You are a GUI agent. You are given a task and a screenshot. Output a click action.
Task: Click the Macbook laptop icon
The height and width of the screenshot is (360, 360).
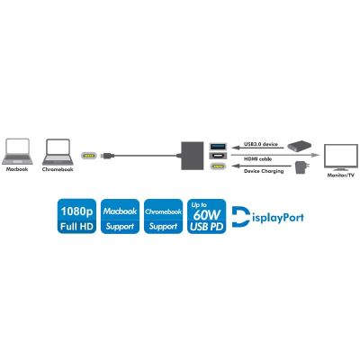pos(17,151)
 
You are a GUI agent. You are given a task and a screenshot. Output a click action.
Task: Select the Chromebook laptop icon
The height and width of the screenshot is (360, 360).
pos(58,151)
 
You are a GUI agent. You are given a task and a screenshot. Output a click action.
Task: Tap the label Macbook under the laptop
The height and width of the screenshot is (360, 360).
pos(17,169)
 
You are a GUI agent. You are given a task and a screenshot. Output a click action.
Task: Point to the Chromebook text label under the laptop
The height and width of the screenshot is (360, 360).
pos(58,169)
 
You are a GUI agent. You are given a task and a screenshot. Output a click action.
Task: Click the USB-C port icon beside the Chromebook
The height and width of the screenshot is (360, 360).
pos(89,156)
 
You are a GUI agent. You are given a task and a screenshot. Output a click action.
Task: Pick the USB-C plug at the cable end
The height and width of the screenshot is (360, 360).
pos(107,156)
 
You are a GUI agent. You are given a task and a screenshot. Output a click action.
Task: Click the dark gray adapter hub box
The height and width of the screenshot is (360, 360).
pos(193,156)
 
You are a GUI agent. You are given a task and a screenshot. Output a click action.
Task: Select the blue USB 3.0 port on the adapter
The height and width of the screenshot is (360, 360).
pos(218,147)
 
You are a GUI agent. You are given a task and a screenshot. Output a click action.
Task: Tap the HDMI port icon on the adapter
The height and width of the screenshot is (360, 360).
pos(218,156)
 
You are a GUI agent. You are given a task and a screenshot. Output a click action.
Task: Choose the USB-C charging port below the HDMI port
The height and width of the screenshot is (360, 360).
pos(218,166)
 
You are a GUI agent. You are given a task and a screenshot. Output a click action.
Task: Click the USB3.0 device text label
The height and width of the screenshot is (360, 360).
pos(261,144)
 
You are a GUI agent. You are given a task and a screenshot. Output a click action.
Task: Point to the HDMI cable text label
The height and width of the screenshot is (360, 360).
pos(257,158)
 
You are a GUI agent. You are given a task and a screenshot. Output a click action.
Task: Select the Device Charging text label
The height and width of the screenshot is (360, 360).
pos(264,171)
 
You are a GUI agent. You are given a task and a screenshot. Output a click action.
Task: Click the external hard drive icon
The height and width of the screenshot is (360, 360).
pos(299,147)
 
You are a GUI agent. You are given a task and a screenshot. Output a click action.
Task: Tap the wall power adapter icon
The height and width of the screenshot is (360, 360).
pos(300,167)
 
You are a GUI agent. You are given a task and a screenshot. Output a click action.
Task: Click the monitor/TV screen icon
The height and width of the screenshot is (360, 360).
pos(340,157)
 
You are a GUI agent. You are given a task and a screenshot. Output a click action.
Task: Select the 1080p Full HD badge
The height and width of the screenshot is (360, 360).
pos(76,216)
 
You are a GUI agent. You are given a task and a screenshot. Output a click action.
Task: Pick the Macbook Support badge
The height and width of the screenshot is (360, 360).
pos(120,216)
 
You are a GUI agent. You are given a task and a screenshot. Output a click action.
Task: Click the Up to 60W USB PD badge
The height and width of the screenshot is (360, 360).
pos(207,216)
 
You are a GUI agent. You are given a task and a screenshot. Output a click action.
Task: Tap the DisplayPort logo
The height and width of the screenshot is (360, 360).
pos(267,217)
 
